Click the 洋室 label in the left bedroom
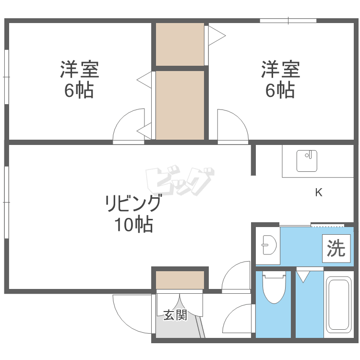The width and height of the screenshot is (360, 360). pyautogui.click(x=79, y=70)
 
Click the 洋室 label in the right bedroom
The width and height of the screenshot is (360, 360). pyautogui.click(x=281, y=70)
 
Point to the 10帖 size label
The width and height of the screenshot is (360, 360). pyautogui.click(x=133, y=224)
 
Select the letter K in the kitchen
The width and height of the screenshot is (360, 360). pyautogui.click(x=318, y=193)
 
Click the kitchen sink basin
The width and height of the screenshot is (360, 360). pyautogui.click(x=307, y=161)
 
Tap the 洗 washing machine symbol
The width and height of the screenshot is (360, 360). pyautogui.click(x=336, y=248)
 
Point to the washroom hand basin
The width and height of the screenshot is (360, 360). pyautogui.click(x=268, y=246)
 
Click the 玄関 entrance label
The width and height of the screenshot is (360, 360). pyautogui.click(x=175, y=315)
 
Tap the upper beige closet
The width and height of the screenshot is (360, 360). pyautogui.click(x=180, y=44)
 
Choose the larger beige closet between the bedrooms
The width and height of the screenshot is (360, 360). pyautogui.click(x=180, y=105)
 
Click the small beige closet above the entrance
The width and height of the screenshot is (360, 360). pyautogui.click(x=180, y=280)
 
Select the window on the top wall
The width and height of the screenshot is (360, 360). pyautogui.click(x=288, y=21)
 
